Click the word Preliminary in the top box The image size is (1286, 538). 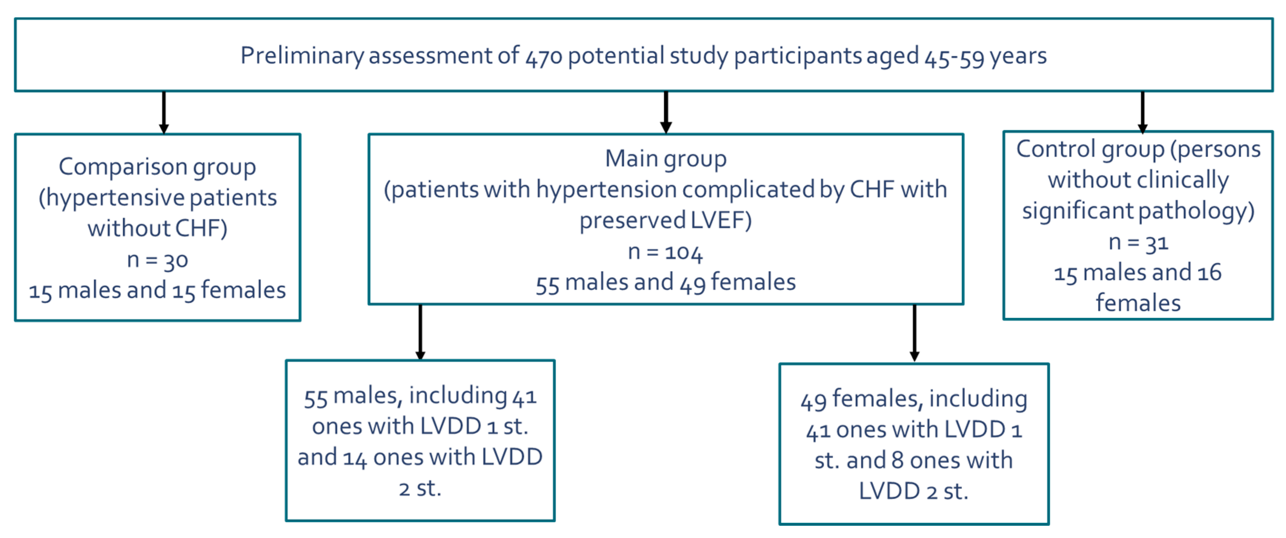pyautogui.click(x=301, y=56)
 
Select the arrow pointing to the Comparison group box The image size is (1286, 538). pyautogui.click(x=163, y=112)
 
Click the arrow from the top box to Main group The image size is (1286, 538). pyautogui.click(x=666, y=112)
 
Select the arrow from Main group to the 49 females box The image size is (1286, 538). pyautogui.click(x=914, y=333)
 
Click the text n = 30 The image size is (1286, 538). pyautogui.click(x=157, y=260)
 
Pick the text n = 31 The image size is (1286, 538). pyautogui.click(x=1138, y=243)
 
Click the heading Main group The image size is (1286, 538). pyautogui.click(x=666, y=159)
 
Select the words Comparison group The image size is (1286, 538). pyautogui.click(x=157, y=167)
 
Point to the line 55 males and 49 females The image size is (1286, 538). pyautogui.click(x=666, y=283)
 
